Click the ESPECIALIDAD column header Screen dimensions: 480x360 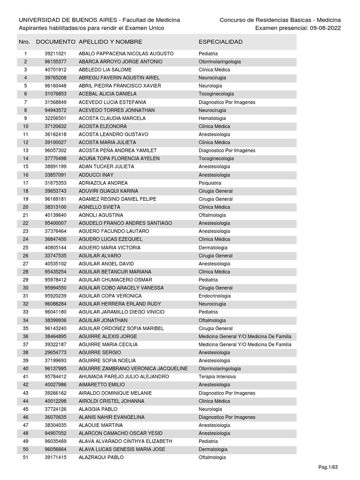pyautogui.click(x=220, y=42)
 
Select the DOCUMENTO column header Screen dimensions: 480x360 pyautogui.click(x=55, y=42)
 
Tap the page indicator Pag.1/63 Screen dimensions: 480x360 pyautogui.click(x=328, y=467)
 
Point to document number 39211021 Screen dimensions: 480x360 pyautogui.click(x=55, y=54)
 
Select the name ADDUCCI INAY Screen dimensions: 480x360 pyautogui.click(x=96, y=175)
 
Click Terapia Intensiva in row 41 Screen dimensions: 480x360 pyautogui.click(x=217, y=377)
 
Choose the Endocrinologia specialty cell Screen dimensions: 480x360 pyautogui.click(x=215, y=296)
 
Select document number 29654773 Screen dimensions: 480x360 pyautogui.click(x=55, y=352)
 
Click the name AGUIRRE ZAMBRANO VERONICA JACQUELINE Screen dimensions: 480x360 pyautogui.click(x=133, y=369)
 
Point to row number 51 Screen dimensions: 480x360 pyautogui.click(x=26, y=457)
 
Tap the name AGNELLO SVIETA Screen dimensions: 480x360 pyautogui.click(x=99, y=207)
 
